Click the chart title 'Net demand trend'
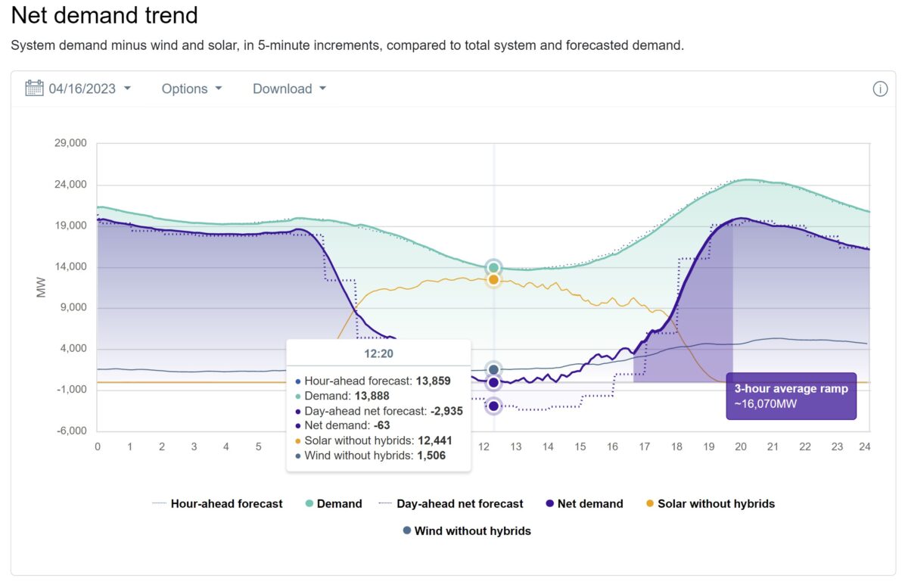(104, 15)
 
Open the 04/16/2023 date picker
(79, 89)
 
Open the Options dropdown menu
(191, 89)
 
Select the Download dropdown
(289, 89)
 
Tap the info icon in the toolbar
(880, 89)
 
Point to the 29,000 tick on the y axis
(69, 144)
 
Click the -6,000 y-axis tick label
(69, 431)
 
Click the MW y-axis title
(42, 287)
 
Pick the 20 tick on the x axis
(741, 447)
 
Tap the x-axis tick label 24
(865, 447)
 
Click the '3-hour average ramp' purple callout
(791, 396)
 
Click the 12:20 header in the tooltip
(378, 353)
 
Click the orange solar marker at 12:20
(493, 280)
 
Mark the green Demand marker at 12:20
(493, 267)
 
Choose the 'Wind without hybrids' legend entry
(467, 531)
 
